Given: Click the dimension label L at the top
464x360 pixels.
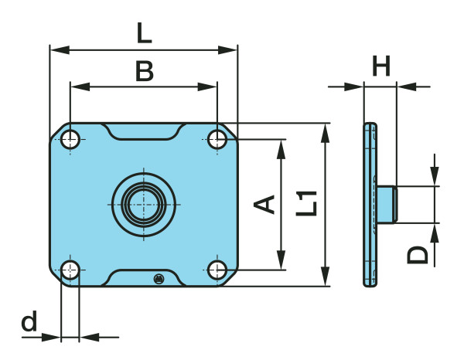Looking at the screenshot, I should point(144,33).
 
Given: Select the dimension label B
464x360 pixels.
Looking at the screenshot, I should point(144,71).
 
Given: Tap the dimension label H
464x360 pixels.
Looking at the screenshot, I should point(380,67).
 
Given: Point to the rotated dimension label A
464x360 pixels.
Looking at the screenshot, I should point(265,205).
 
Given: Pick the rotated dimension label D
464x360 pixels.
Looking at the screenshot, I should point(418,254).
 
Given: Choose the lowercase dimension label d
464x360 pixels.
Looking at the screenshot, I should point(29,321).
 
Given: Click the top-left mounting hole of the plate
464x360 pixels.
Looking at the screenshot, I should point(71,139).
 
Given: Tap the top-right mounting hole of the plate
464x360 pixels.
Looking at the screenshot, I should point(217,139).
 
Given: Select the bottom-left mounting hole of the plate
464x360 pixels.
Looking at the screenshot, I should point(71,270).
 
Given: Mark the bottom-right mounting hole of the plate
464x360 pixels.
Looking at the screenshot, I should point(217,270).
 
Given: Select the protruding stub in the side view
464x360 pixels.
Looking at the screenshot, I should point(387,205).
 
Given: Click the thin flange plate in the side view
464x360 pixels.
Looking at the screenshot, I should point(369,205).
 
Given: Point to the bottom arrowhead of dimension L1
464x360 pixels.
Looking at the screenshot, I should point(325,280).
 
